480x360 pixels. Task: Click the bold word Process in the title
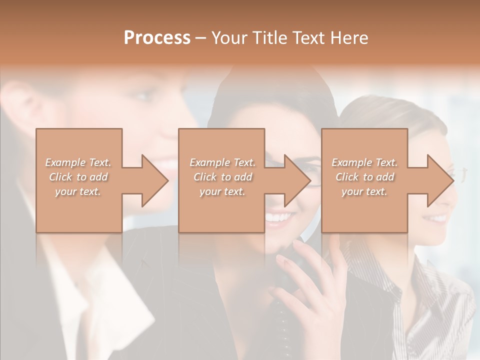[x=157, y=38]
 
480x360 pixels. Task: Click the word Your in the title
[x=229, y=38]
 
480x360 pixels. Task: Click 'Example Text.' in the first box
[x=78, y=162]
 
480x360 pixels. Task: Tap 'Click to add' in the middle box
[x=222, y=177]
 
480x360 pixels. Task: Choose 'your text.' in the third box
[x=364, y=191]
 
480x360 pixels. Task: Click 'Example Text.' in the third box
[x=364, y=162]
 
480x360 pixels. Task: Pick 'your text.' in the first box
[x=78, y=191]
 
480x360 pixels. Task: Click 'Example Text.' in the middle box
[x=222, y=162]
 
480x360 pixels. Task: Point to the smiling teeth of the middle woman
[x=278, y=218]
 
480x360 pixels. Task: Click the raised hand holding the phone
[x=310, y=280]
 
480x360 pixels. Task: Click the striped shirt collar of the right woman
[x=425, y=280]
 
